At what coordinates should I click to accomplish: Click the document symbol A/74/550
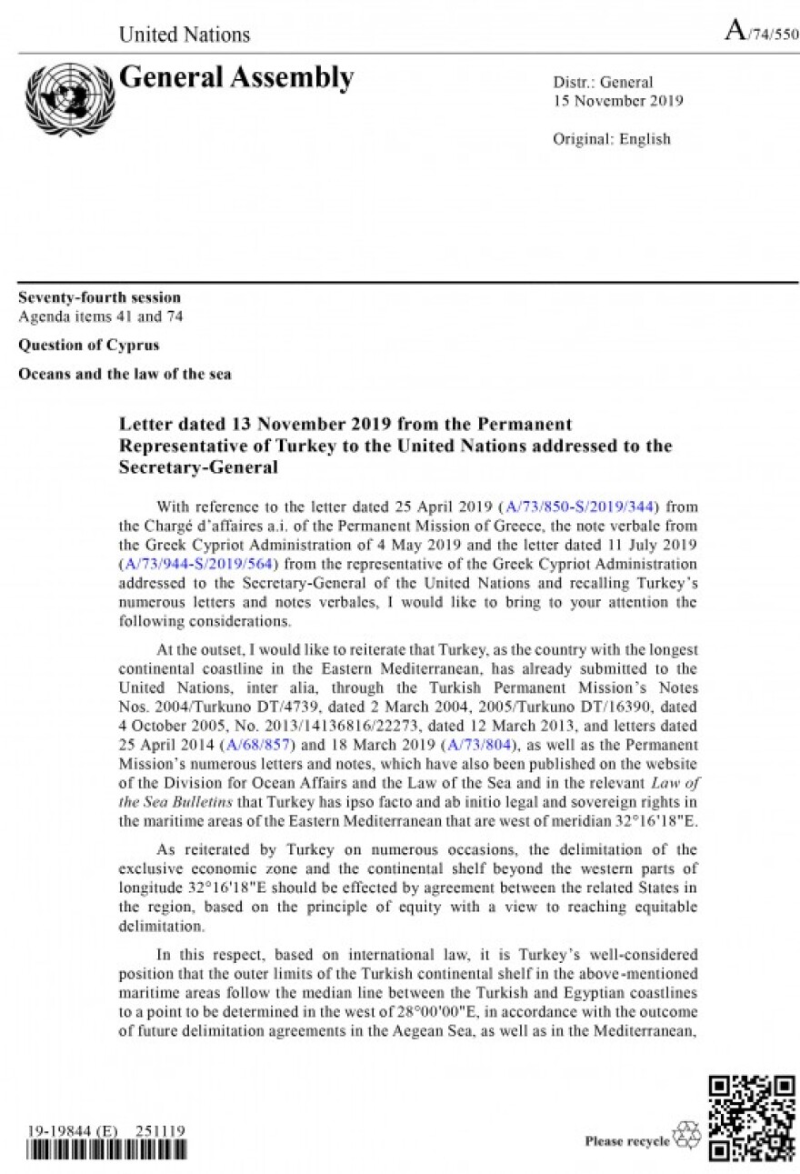761,33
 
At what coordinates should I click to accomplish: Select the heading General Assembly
236,78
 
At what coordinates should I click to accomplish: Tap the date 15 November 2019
618,100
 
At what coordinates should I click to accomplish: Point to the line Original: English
611,139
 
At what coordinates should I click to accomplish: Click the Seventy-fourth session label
100,297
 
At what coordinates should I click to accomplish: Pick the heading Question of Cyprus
89,345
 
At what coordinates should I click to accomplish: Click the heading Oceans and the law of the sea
125,374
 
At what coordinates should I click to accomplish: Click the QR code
751,1119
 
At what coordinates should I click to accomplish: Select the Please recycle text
627,1141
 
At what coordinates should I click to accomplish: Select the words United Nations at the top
185,35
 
